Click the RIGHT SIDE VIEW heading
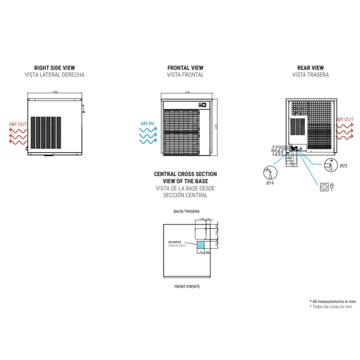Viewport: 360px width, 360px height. (54, 68)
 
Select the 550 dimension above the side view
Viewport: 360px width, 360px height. (55, 92)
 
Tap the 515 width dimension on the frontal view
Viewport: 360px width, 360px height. (187, 92)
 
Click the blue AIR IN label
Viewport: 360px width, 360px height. (147, 124)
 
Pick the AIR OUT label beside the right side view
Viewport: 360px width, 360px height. (18, 124)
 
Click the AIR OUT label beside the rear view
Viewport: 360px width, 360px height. (344, 119)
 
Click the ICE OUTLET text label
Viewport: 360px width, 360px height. (175, 242)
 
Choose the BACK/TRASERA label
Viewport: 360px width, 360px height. (186, 211)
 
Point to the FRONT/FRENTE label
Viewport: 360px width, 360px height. (187, 287)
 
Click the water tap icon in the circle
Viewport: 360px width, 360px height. (270, 172)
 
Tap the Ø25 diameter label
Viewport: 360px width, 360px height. (343, 166)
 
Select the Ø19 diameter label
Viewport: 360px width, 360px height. (270, 183)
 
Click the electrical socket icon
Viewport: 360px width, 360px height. (324, 187)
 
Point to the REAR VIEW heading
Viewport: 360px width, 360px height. (310, 68)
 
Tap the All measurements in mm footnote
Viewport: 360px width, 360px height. (333, 301)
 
